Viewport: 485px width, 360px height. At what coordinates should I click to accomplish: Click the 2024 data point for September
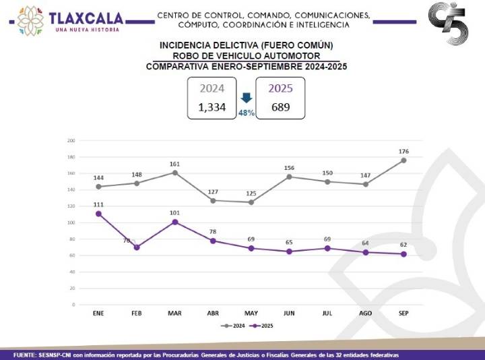[x=403, y=160]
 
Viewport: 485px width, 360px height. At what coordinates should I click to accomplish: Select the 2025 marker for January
[x=99, y=214]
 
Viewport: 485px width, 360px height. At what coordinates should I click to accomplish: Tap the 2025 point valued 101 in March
[x=175, y=222]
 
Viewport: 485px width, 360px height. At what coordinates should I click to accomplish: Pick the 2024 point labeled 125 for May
[x=251, y=202]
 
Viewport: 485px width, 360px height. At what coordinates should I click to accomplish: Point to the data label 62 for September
[x=404, y=245]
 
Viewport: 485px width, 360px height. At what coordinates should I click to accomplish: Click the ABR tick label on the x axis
[x=213, y=314]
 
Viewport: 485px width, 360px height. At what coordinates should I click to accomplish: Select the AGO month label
[x=365, y=314]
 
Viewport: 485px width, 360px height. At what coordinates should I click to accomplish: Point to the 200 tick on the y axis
[x=71, y=140]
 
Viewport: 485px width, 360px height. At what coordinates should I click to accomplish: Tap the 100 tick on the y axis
[x=71, y=222]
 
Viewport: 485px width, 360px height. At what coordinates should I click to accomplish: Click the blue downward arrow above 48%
[x=247, y=98]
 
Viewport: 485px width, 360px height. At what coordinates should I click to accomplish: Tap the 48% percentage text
[x=247, y=113]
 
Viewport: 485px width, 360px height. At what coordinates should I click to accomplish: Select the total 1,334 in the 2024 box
[x=212, y=107]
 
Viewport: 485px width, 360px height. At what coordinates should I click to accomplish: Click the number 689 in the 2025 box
[x=280, y=107]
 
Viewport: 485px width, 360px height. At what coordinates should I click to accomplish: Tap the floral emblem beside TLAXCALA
[x=30, y=20]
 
